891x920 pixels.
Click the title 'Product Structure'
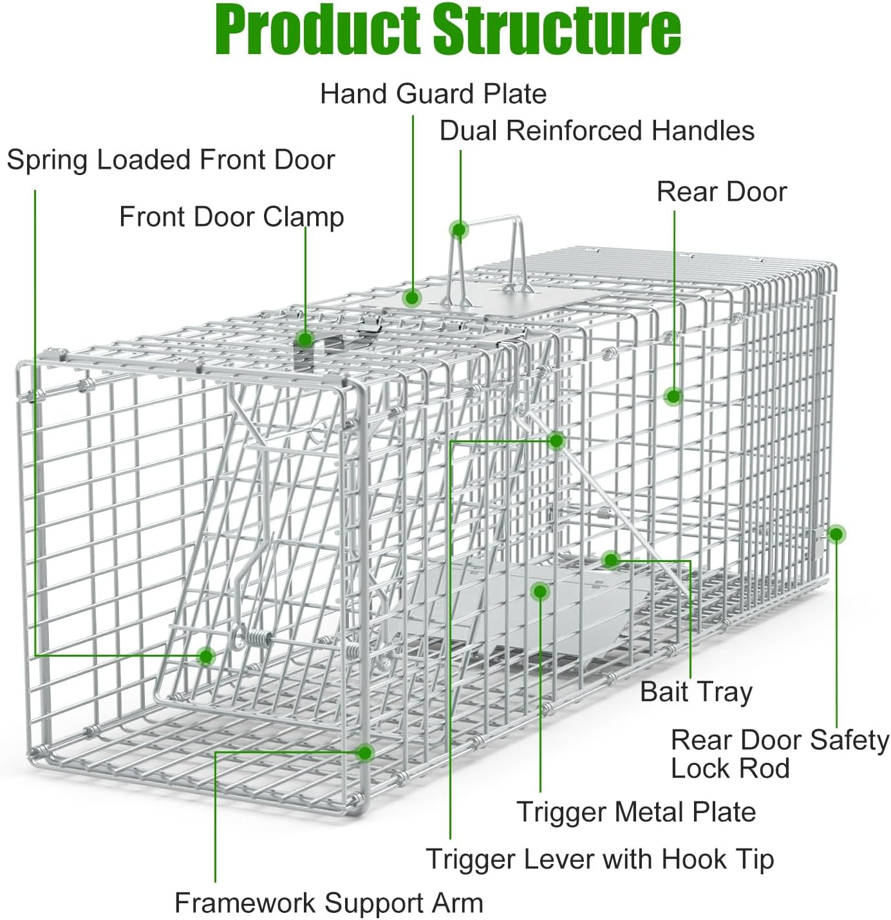click(447, 30)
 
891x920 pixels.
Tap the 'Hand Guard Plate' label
click(433, 94)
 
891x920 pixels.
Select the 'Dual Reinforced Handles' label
click(597, 131)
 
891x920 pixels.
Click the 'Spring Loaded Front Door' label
click(171, 160)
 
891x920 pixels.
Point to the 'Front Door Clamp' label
click(231, 217)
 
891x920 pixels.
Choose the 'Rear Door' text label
click(722, 192)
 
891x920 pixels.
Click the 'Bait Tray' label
click(696, 691)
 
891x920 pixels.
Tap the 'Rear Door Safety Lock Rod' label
click(779, 754)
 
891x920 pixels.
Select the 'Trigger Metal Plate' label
click(636, 812)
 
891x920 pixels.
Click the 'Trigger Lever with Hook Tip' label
click(599, 859)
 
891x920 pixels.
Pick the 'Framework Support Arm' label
click(328, 903)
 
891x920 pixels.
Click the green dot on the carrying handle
click(459, 230)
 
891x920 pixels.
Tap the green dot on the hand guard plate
click(412, 297)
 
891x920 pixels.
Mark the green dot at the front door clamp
click(305, 339)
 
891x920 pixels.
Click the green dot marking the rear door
click(673, 396)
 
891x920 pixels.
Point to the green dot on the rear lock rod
click(836, 534)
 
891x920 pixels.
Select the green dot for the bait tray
click(611, 559)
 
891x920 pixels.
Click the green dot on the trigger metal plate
click(540, 591)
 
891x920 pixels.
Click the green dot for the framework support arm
click(365, 753)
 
